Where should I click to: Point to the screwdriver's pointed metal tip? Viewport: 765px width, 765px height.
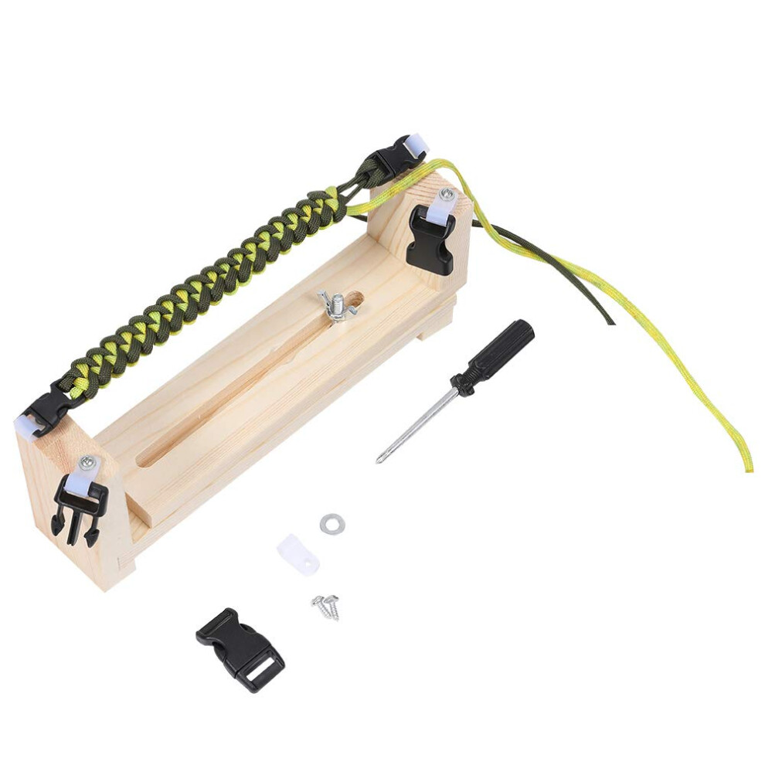379,461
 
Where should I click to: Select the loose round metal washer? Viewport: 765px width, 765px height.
332,524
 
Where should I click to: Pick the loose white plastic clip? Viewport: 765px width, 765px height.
298,555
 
